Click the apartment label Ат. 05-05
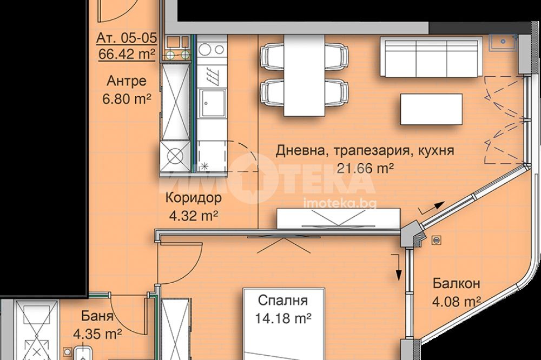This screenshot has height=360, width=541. pos(127,38)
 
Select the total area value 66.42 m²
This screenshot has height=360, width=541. pos(127,53)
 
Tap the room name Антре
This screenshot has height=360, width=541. pos(126,82)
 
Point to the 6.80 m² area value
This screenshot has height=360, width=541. pos(126,99)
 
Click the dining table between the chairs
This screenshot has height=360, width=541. pos(304,75)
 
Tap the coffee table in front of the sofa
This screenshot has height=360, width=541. pos(431,109)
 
